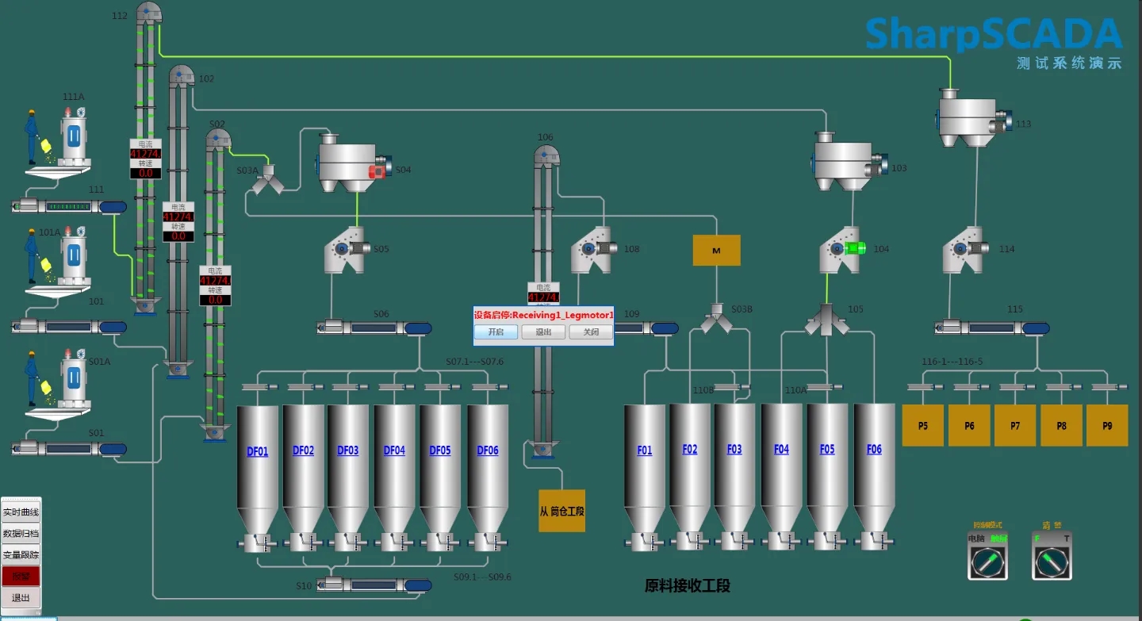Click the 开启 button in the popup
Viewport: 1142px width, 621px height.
[x=496, y=332]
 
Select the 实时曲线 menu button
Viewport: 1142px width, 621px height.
[x=21, y=512]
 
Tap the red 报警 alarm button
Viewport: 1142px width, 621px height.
[x=21, y=576]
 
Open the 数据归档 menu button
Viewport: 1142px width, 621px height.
[x=21, y=534]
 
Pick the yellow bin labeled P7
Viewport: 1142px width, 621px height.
[x=1015, y=425]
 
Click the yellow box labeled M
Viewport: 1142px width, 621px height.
[x=716, y=250]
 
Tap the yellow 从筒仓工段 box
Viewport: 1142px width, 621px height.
[x=561, y=511]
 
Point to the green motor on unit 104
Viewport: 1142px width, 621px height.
[x=856, y=248]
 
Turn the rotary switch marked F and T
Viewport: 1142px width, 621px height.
[x=1052, y=563]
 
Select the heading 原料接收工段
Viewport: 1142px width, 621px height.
[x=687, y=586]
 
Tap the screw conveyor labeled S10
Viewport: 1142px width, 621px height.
[x=374, y=585]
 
